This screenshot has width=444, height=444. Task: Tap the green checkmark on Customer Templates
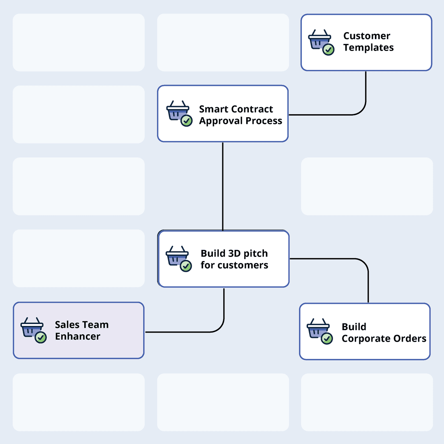pyautogui.click(x=328, y=50)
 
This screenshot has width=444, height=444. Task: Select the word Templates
pyautogui.click(x=368, y=48)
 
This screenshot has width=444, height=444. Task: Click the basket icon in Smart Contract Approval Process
pyautogui.click(x=177, y=110)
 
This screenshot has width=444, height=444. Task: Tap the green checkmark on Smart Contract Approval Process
pyautogui.click(x=187, y=121)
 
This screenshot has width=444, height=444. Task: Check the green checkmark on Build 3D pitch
pyautogui.click(x=186, y=266)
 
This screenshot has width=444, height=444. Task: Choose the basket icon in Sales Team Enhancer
pyautogui.click(x=32, y=327)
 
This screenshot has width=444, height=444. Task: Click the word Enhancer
pyautogui.click(x=78, y=336)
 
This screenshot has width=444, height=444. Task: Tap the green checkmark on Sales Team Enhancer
pyautogui.click(x=40, y=338)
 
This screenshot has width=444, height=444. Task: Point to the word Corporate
pyautogui.click(x=366, y=339)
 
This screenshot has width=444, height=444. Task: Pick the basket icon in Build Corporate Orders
pyautogui.click(x=318, y=328)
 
